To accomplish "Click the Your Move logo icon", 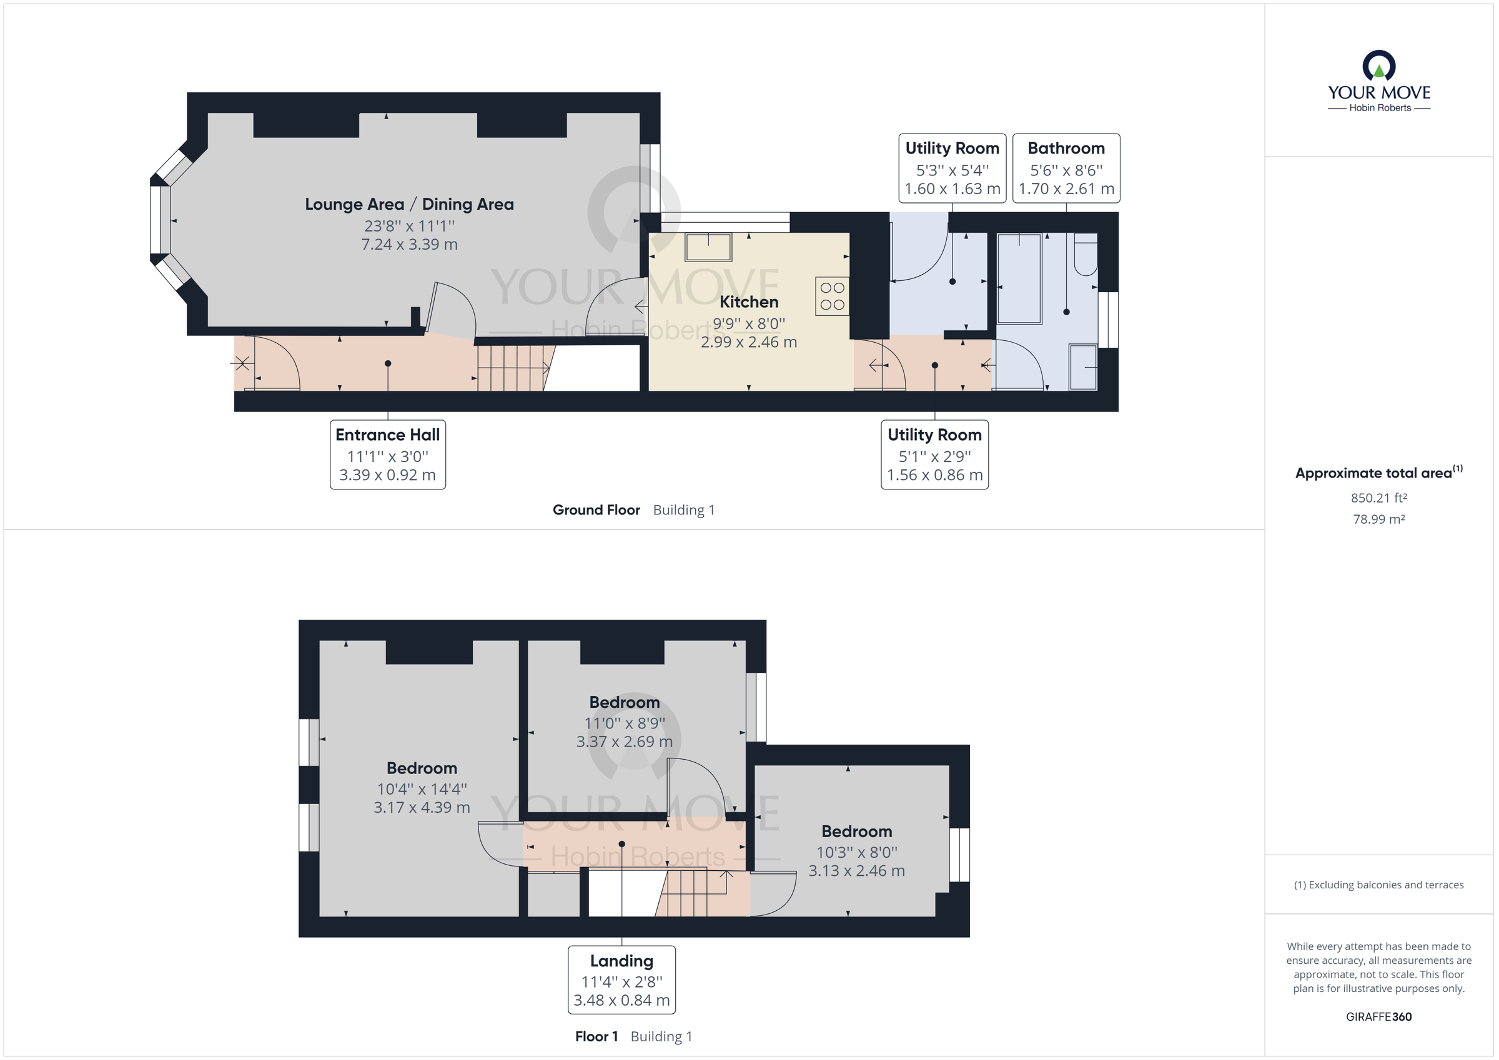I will click(1378, 67).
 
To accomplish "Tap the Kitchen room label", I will click(748, 302).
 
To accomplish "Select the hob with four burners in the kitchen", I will click(832, 297).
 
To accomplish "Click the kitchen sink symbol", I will click(708, 247).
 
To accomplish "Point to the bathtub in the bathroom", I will click(1019, 278).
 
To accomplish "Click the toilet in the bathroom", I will click(1086, 255).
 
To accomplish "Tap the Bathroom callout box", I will click(1066, 169).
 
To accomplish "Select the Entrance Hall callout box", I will click(387, 454).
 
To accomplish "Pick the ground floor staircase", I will click(513, 368).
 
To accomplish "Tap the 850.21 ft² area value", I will click(1378, 498).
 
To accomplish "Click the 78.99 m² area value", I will click(1378, 519).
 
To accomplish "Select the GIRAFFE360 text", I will click(1378, 1017).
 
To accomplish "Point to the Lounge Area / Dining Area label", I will click(408, 204).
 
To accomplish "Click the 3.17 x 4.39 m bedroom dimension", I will click(421, 807).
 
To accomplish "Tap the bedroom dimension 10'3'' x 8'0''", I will click(856, 853).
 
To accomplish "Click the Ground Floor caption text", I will click(595, 511).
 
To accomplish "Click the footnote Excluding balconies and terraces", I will click(1378, 885).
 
